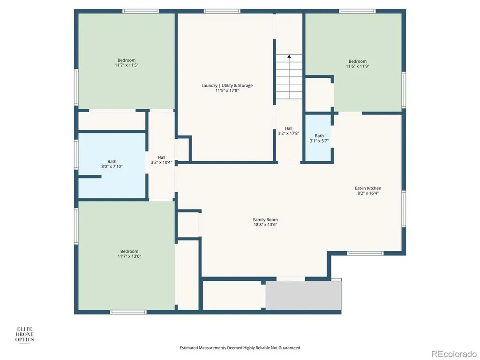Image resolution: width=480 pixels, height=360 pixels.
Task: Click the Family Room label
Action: point(265,219)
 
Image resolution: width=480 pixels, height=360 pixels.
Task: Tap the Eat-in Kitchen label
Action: point(368,188)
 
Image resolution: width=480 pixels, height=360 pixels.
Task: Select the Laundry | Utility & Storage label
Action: point(227,85)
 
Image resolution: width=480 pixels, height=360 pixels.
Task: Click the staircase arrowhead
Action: point(289,56)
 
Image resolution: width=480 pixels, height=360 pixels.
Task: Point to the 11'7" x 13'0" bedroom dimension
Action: point(129,256)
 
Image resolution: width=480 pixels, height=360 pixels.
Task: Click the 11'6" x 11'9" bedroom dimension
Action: point(358,66)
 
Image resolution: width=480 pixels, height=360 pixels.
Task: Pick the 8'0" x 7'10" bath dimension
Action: point(112,166)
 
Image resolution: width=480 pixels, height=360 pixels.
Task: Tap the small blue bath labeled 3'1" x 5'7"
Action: point(318,137)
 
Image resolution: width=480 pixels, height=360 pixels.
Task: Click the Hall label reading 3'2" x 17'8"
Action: point(288,131)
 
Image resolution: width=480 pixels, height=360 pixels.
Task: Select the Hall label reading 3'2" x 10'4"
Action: point(161,160)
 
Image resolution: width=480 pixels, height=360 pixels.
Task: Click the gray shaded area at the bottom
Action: point(303,295)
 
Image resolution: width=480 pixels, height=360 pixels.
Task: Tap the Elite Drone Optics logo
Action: point(25,335)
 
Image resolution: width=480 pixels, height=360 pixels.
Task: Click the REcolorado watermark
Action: point(454,354)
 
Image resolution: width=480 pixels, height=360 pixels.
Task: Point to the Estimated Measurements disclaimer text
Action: point(240,348)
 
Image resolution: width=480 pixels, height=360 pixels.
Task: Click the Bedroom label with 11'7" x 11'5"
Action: point(127,63)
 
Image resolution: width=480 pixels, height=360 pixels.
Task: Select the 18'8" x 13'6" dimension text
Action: point(265,225)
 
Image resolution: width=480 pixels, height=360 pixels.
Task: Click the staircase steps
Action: point(289,77)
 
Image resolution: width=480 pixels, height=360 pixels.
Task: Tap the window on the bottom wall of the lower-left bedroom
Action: point(128,312)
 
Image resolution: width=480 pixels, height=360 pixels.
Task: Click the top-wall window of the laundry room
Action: point(222,11)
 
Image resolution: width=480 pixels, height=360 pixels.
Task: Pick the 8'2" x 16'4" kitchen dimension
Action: point(368,193)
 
